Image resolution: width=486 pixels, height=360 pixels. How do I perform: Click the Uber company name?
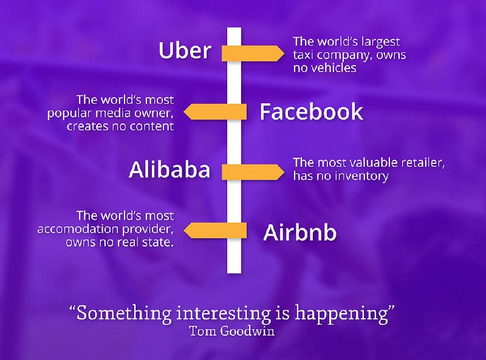(x=185, y=50)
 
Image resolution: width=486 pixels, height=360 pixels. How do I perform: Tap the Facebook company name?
(x=311, y=112)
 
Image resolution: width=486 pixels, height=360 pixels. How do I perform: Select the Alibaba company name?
(x=169, y=169)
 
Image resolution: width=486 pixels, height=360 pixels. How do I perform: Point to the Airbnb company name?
(x=299, y=232)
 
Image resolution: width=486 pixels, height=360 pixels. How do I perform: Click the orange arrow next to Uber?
(x=253, y=53)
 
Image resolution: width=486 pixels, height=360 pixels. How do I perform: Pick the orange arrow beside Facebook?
(x=215, y=112)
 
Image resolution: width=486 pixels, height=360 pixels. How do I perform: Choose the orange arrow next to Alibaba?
(x=253, y=172)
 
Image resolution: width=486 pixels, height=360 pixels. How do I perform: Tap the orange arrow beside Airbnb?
(x=215, y=230)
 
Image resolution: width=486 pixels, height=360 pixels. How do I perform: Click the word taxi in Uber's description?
(x=303, y=55)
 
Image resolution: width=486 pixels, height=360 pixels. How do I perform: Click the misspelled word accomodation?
(x=78, y=229)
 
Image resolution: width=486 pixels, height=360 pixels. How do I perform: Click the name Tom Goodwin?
(x=232, y=331)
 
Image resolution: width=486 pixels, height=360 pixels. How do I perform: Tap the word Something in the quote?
(x=124, y=313)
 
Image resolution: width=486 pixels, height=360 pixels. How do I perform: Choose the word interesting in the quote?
(x=223, y=313)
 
